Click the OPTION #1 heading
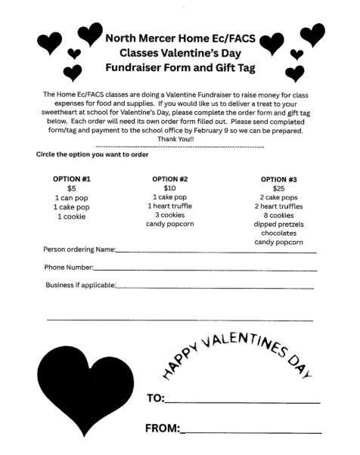[72, 179]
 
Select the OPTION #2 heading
[169, 179]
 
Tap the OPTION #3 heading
[278, 180]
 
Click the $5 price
[72, 188]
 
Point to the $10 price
[169, 188]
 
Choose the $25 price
[278, 189]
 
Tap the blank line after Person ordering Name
[216, 252]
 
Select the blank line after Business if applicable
[215, 288]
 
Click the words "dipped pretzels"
[278, 224]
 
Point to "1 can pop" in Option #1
[72, 197]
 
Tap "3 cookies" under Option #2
[169, 215]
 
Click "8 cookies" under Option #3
[278, 215]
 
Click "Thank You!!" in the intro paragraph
[178, 138]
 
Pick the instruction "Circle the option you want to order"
[92, 154]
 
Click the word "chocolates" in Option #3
[278, 234]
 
